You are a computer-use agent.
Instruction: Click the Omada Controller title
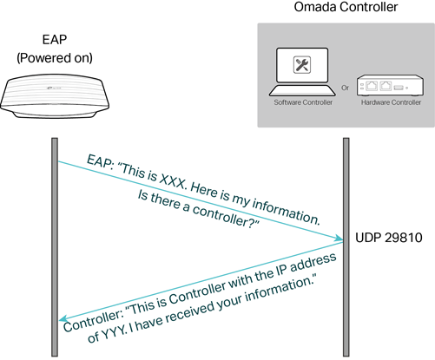point(346,7)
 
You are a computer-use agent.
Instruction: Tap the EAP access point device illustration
point(55,96)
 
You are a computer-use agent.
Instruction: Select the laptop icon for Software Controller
point(302,72)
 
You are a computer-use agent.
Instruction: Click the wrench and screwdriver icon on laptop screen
point(302,65)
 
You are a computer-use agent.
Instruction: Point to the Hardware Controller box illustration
point(391,85)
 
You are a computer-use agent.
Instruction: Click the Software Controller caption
point(303,102)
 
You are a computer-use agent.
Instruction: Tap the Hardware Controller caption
point(391,102)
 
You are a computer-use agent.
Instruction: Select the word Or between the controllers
point(346,88)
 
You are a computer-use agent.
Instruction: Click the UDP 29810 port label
point(389,238)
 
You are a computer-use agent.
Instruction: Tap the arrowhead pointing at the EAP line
point(63,318)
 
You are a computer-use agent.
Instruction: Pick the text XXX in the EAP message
point(173,181)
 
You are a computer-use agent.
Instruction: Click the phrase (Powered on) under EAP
point(55,58)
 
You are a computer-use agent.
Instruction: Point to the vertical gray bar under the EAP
point(55,247)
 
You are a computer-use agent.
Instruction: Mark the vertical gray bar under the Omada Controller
point(346,247)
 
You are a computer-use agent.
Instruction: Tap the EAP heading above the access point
point(55,40)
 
